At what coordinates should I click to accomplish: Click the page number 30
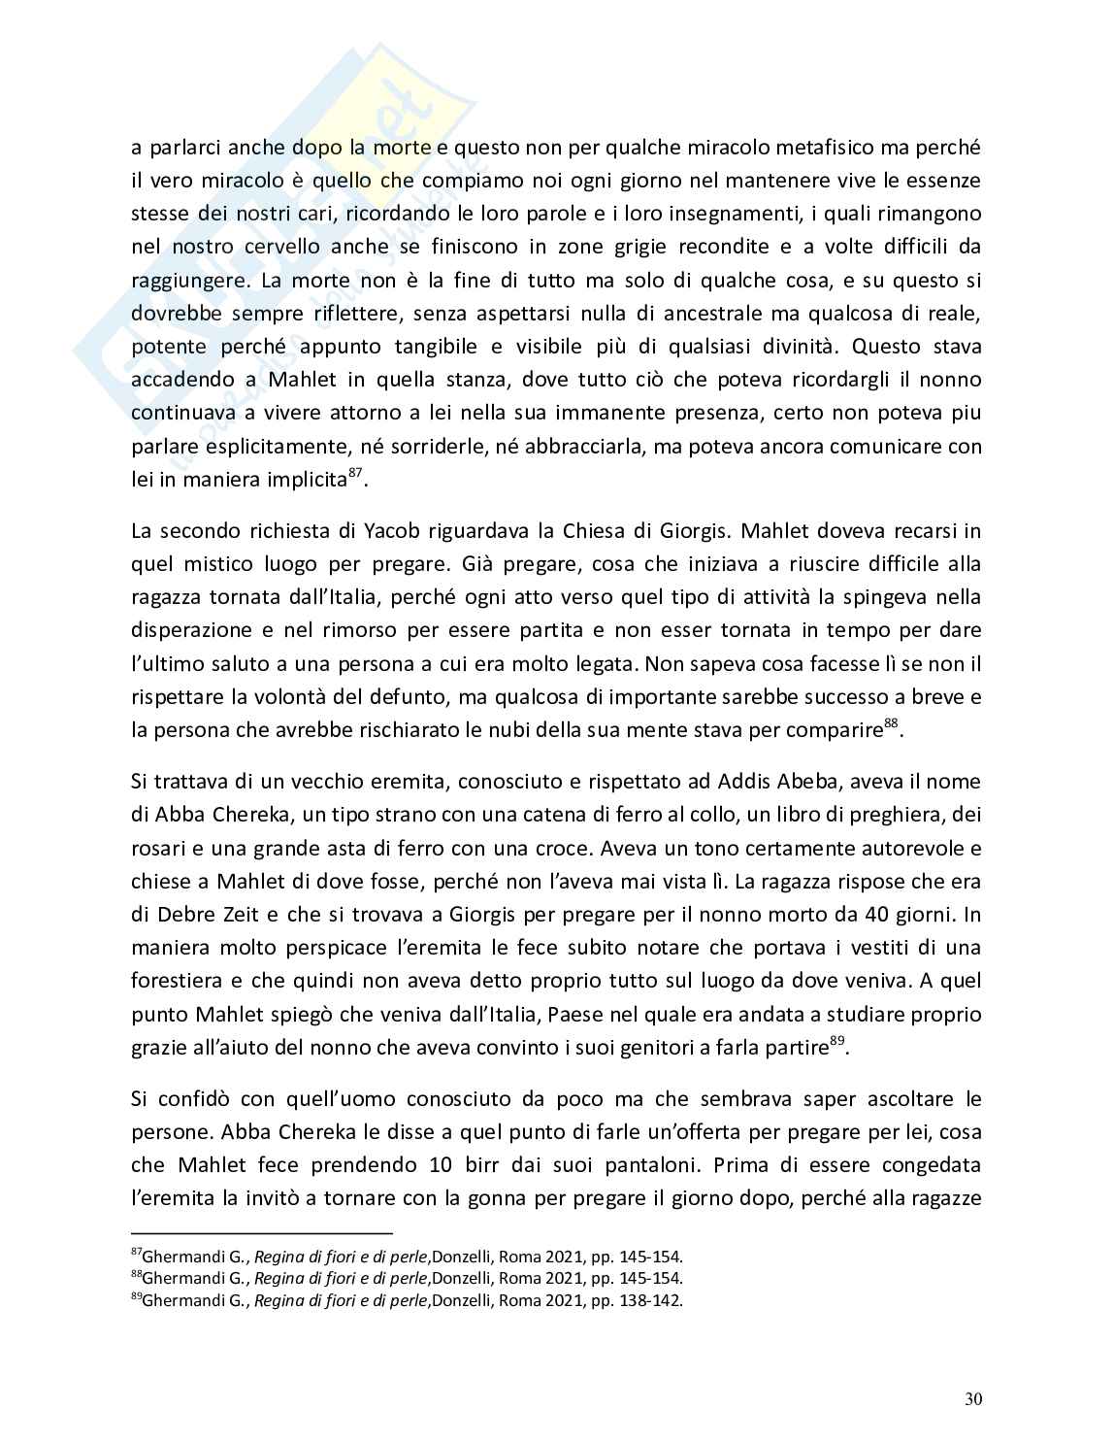click(973, 1399)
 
